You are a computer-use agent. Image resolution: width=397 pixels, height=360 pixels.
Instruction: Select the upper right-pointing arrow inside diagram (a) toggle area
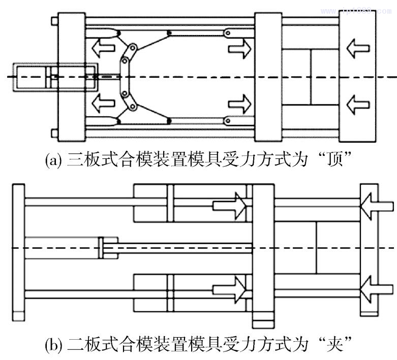(x=239, y=50)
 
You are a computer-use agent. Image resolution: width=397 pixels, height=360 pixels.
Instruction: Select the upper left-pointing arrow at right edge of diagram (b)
(x=376, y=205)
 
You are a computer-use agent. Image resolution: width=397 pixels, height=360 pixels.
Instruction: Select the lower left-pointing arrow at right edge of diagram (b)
(x=376, y=290)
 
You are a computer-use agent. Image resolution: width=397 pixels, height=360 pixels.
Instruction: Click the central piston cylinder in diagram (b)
(x=64, y=247)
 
